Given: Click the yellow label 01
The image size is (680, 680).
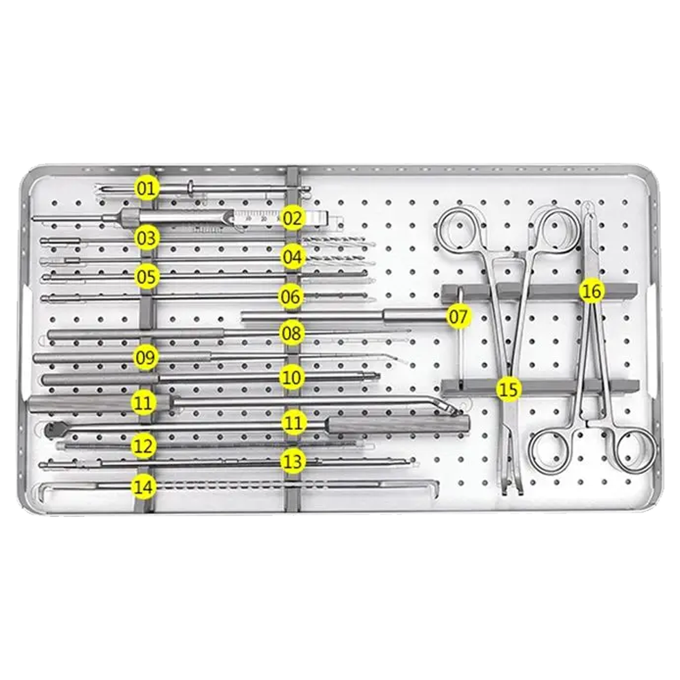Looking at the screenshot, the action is [x=146, y=188].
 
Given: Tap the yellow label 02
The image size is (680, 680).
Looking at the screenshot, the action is [x=292, y=218].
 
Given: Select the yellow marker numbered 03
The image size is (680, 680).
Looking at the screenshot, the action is [x=146, y=238].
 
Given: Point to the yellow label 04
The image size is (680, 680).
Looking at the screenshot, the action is [x=292, y=257].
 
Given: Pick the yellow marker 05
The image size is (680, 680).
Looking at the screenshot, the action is [x=146, y=277].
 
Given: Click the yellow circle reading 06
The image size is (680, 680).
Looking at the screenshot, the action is [x=290, y=297].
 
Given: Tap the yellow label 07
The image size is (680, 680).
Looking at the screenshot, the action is [x=458, y=317].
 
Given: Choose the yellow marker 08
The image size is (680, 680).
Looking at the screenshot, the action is [x=292, y=333].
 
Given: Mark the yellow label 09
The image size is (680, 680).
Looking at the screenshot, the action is [x=146, y=358].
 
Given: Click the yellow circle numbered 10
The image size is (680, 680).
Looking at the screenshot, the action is [x=291, y=377].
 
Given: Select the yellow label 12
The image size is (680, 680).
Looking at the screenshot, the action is [x=143, y=446].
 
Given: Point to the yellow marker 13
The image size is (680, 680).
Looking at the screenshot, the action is [x=292, y=462].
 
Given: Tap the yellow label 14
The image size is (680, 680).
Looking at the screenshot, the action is [x=143, y=487].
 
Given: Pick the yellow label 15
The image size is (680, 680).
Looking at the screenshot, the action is [x=509, y=389].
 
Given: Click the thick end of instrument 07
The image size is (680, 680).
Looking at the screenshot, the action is [x=415, y=316].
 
